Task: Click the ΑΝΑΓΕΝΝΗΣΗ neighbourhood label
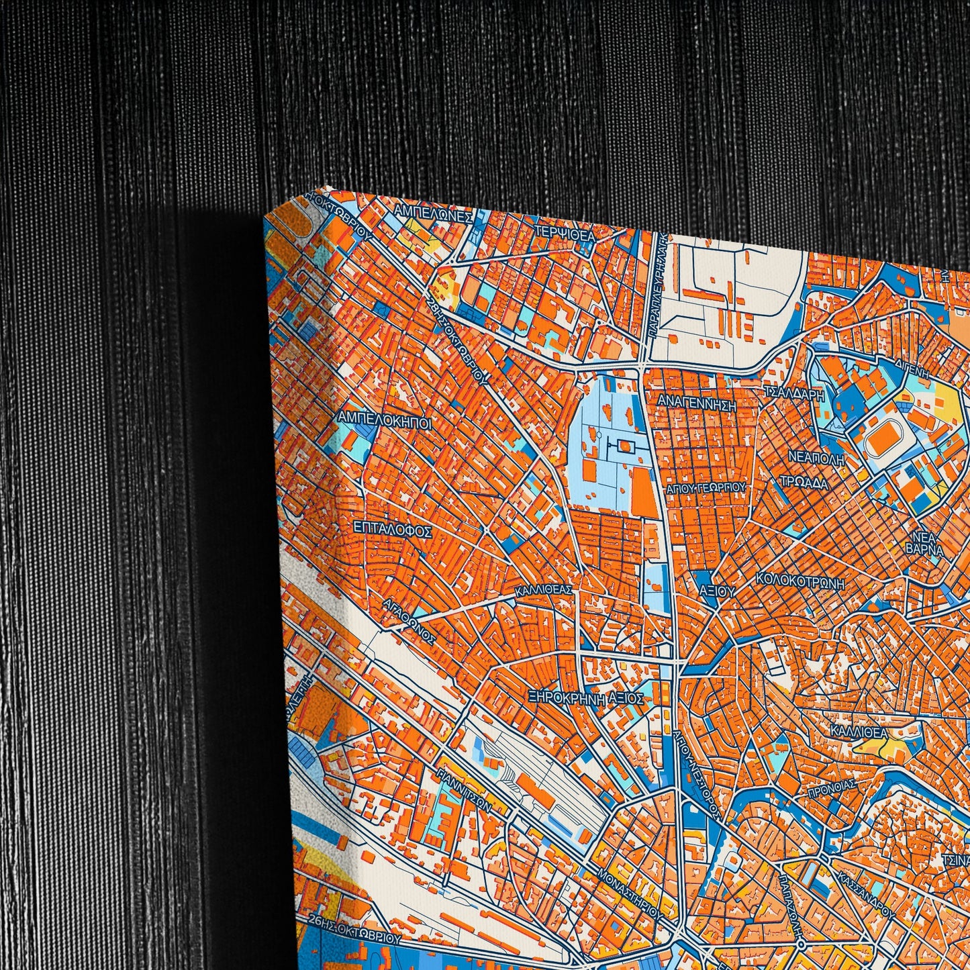697,405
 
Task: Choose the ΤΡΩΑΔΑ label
804,482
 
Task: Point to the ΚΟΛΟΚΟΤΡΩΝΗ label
799,581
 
